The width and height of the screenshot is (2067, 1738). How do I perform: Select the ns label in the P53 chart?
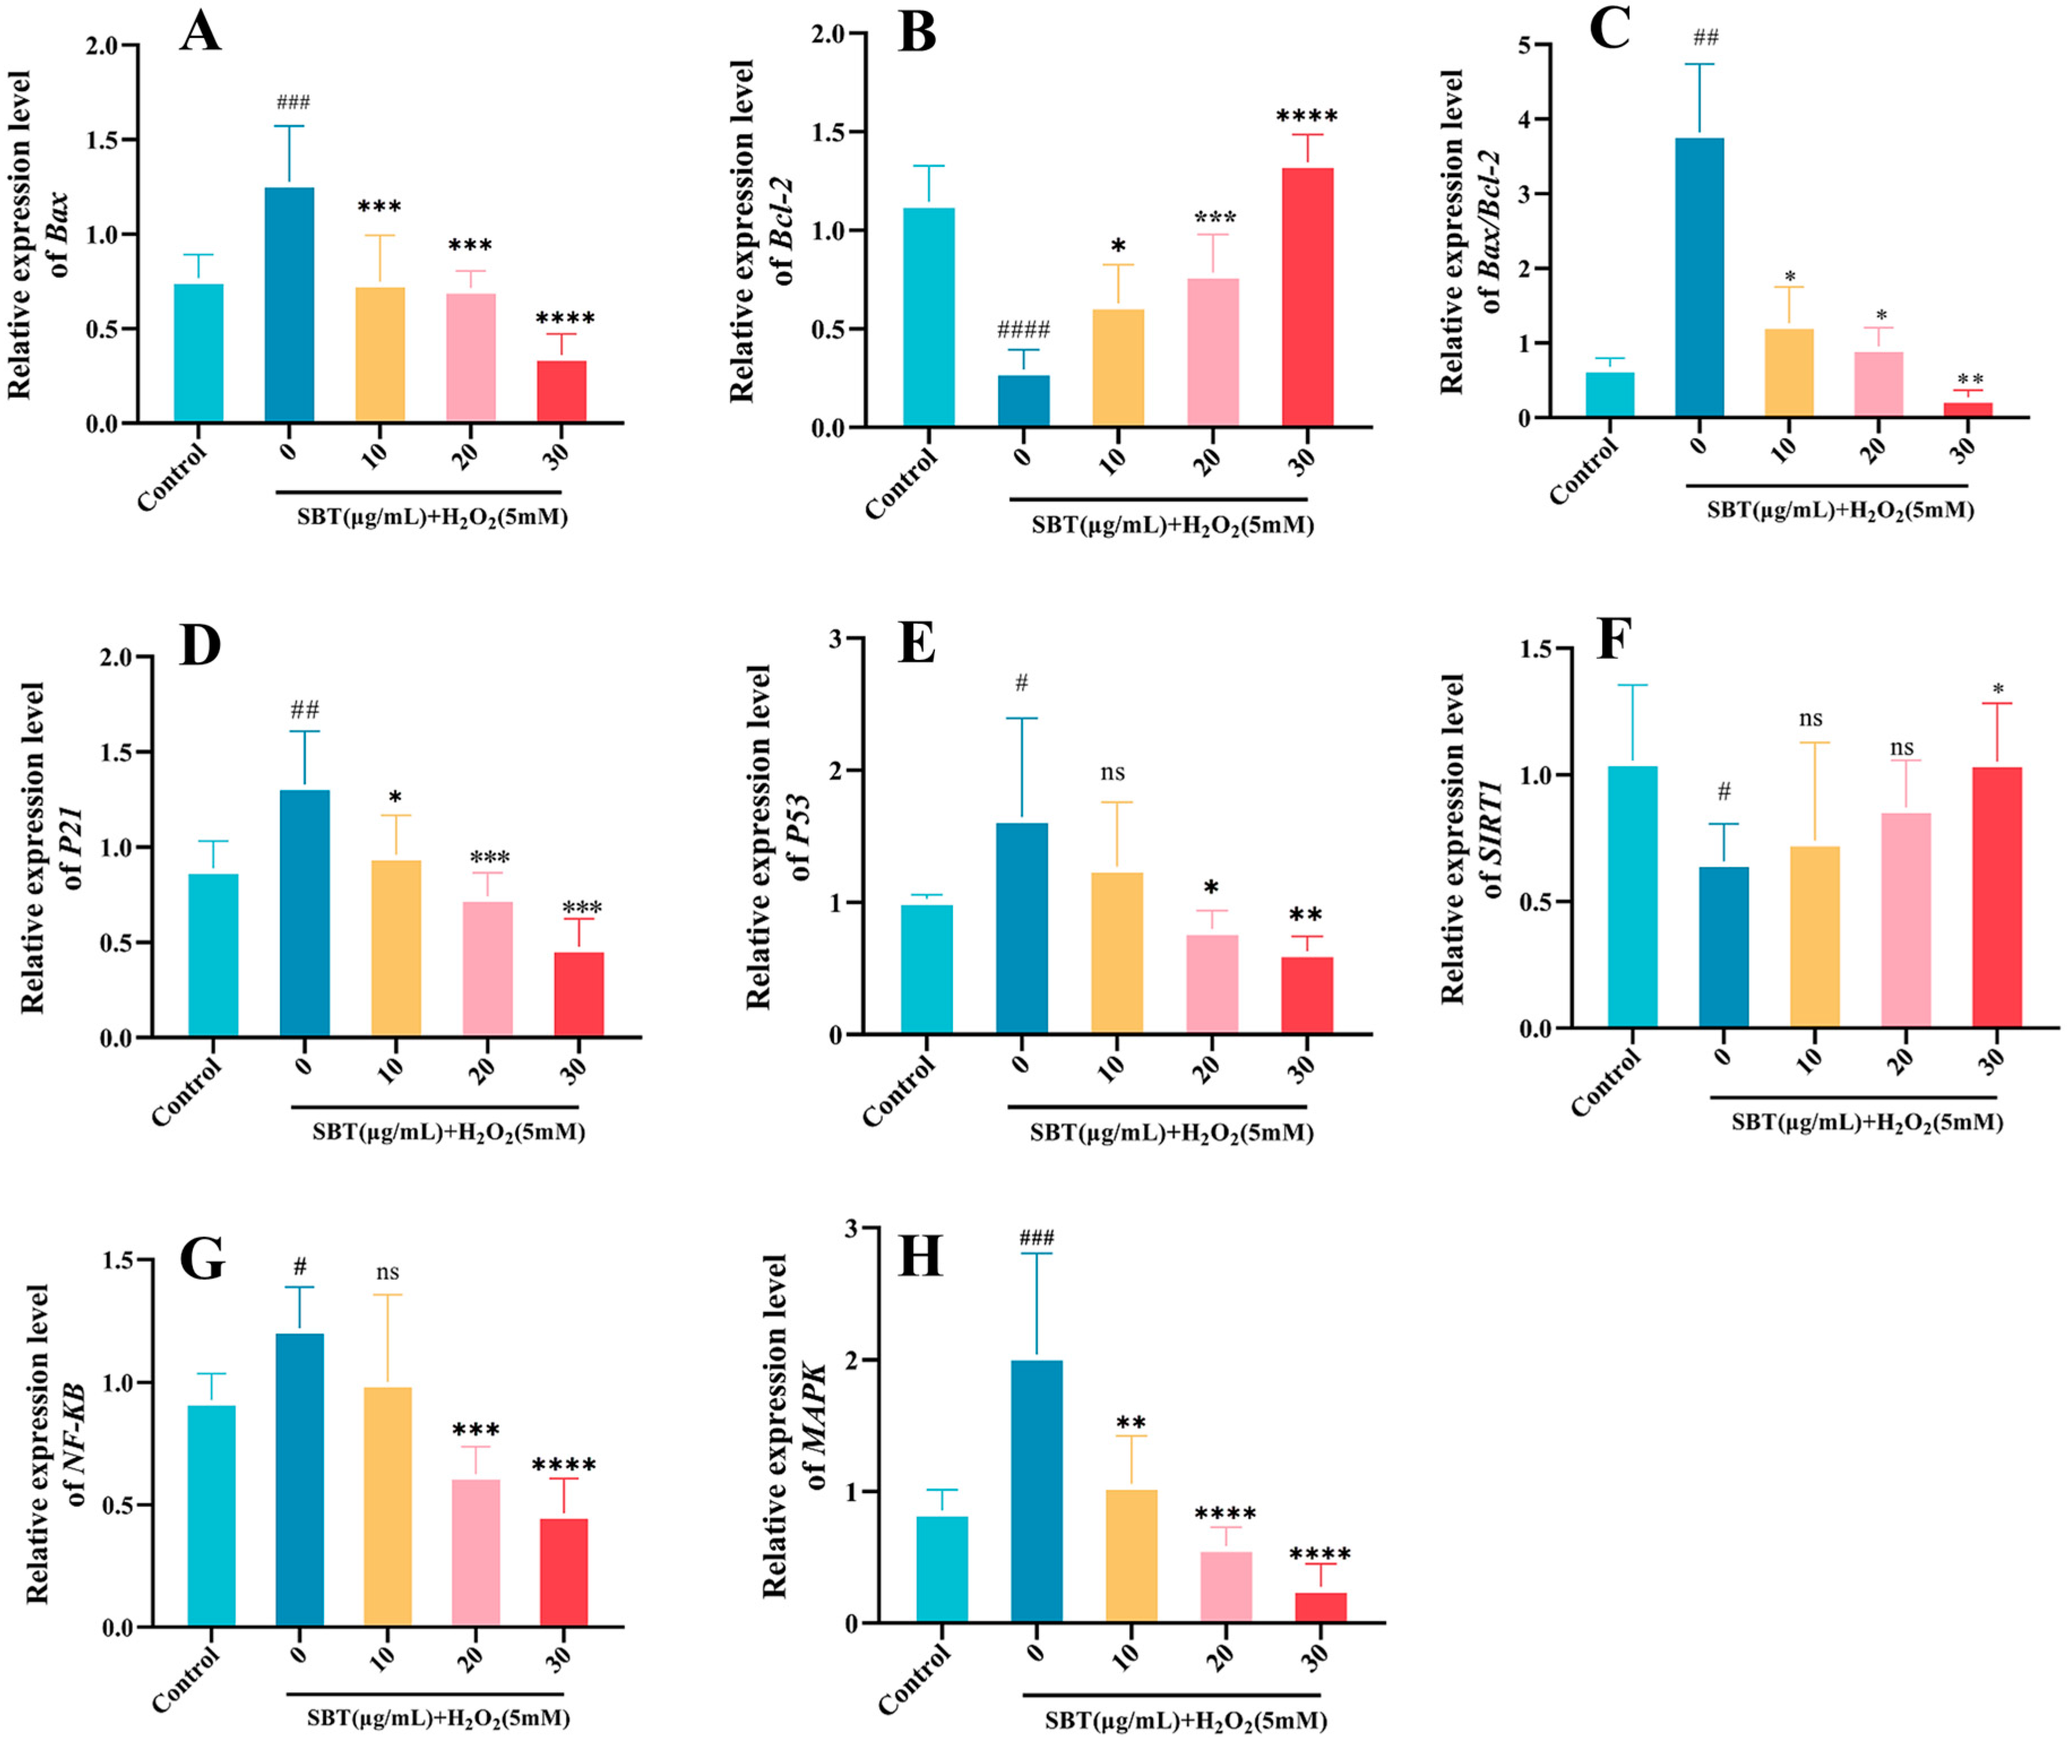[x=1112, y=773]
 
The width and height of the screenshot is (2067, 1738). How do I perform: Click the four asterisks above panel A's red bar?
[x=564, y=318]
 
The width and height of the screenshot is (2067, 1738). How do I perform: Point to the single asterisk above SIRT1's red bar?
[x=1997, y=689]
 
